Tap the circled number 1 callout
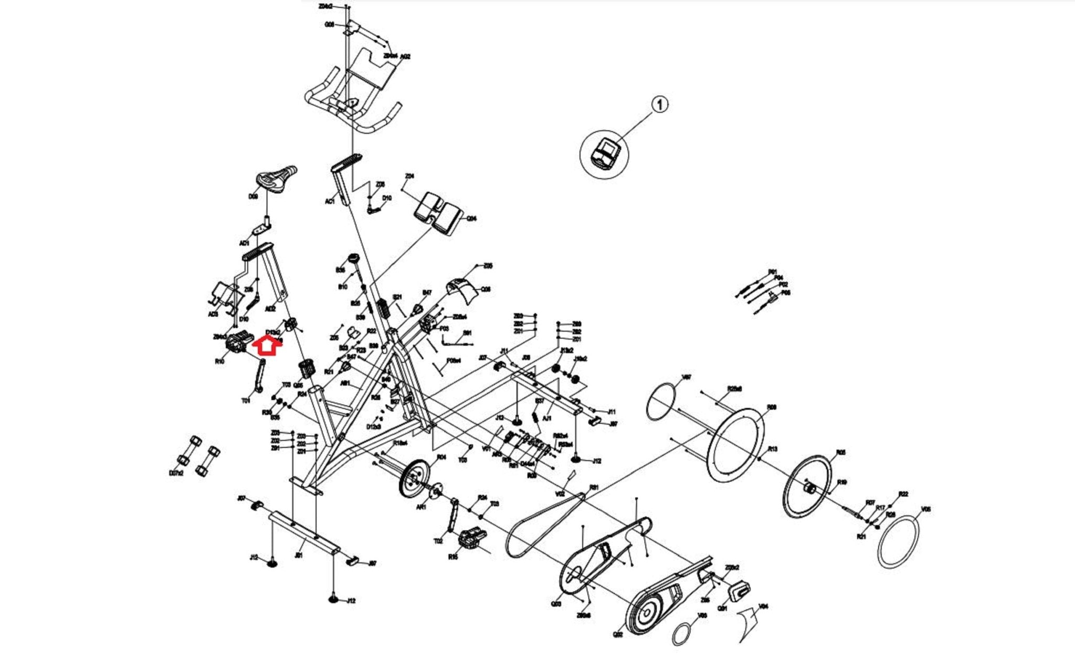(660, 105)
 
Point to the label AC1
(330, 201)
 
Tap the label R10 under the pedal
(219, 361)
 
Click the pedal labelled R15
(468, 539)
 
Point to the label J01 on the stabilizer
(299, 555)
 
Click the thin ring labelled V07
(661, 401)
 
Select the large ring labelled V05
(898, 542)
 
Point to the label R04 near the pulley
(441, 457)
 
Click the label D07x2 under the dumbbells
(176, 473)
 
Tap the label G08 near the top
(330, 24)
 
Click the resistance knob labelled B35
(353, 259)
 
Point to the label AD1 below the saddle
(244, 243)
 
